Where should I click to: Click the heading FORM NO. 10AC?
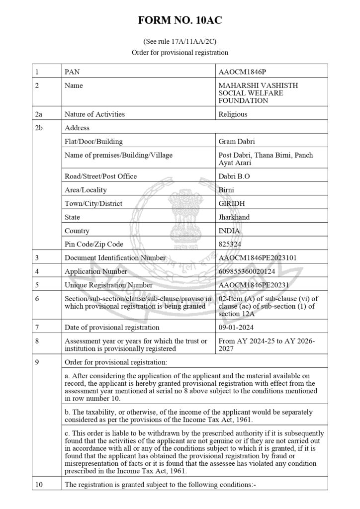click(180, 20)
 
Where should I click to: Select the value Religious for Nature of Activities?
click(233, 114)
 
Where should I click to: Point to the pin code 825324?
click(231, 245)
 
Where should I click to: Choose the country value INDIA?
click(229, 231)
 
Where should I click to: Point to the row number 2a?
click(39, 114)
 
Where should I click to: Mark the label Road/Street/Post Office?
click(101, 176)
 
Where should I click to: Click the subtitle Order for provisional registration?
click(180, 52)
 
